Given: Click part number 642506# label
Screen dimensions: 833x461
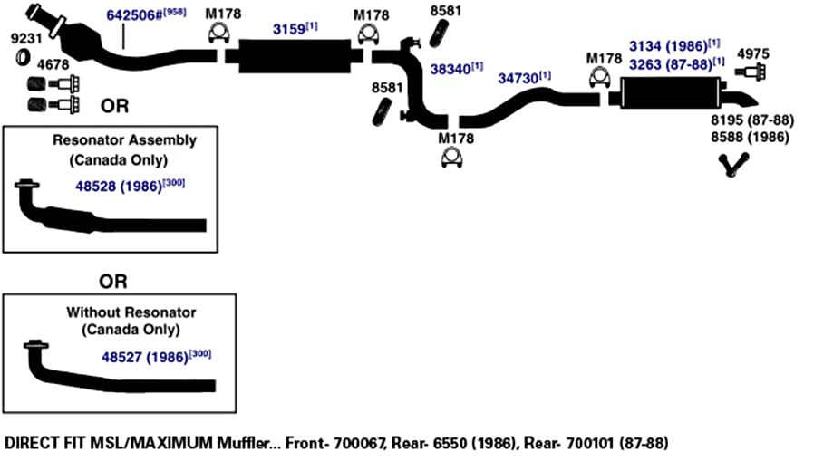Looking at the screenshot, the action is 134,14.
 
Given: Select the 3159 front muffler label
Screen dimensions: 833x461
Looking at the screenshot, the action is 289,29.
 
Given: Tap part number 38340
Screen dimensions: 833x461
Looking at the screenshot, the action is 450,69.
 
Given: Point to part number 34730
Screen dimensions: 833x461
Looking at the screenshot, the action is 518,79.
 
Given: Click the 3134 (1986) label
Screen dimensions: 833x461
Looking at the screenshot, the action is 668,46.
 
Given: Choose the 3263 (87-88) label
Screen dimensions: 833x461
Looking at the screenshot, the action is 671,64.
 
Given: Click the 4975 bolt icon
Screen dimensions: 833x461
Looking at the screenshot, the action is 751,72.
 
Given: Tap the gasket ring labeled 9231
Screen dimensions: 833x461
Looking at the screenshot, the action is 23,57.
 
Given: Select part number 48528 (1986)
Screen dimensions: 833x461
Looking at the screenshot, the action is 119,187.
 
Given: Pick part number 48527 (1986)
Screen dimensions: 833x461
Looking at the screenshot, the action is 144,358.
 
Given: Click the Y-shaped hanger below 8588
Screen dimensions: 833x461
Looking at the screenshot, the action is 733,165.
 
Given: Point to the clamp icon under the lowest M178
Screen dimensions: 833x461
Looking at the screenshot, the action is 451,158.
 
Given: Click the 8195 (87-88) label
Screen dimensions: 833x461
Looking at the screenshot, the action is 752,120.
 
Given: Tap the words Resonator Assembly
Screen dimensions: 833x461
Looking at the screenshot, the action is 124,140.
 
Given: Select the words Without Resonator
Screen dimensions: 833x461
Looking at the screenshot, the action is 131,312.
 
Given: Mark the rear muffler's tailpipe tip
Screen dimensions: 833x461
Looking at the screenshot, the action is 754,102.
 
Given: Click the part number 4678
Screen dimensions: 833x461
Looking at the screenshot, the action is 53,64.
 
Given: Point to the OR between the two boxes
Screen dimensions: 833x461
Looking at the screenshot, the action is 113,282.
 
